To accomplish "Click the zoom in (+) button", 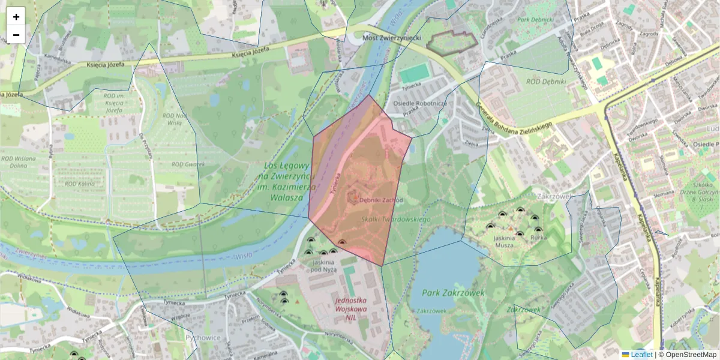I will click(16, 16).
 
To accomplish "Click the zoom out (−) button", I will click(16, 35).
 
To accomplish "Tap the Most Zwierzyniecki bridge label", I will click(392, 38).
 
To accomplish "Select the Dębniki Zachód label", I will click(381, 200).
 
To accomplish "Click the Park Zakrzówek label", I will click(445, 293).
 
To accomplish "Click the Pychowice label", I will click(200, 338).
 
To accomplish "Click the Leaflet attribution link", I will click(641, 355).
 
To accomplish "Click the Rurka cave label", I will click(537, 238).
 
